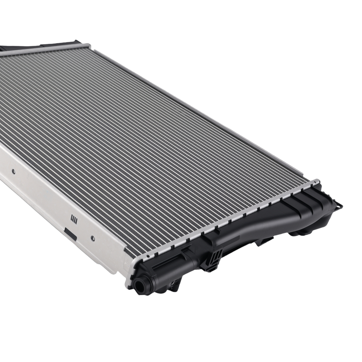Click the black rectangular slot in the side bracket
[x=70, y=234]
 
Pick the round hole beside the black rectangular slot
[x=93, y=238]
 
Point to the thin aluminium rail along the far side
[x=203, y=112]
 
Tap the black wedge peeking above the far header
[x=7, y=48]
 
